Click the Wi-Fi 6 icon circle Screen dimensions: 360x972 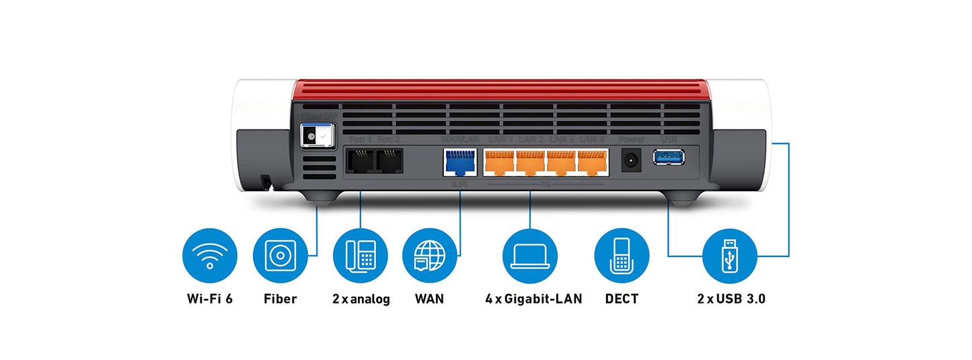210,256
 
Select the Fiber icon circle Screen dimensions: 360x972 280,256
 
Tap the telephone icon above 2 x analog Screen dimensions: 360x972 361,256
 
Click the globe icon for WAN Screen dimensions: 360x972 430,256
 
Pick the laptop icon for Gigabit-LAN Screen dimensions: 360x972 530,256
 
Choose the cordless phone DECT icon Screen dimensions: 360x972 622,256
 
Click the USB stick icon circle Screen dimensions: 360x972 731,256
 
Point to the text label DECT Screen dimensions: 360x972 622,299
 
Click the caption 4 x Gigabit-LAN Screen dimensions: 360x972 533,299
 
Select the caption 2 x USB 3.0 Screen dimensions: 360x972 731,299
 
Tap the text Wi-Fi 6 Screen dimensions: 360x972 210,299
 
